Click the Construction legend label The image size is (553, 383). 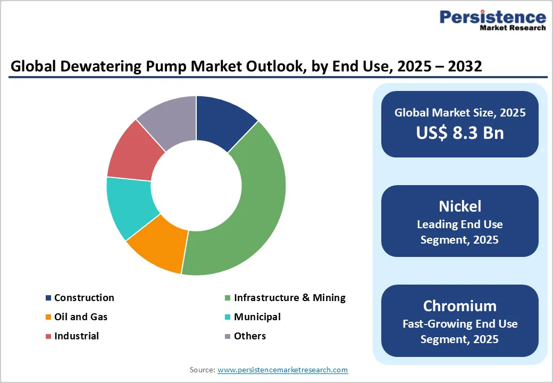pyautogui.click(x=84, y=298)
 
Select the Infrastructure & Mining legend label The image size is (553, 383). pyautogui.click(x=289, y=298)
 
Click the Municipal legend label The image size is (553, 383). pyautogui.click(x=257, y=317)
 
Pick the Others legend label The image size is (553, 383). pyautogui.click(x=249, y=336)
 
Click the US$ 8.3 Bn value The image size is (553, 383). pyautogui.click(x=459, y=132)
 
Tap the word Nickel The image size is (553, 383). pyautogui.click(x=459, y=206)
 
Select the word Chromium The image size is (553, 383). pyautogui.click(x=459, y=306)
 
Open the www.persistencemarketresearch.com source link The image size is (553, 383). pyautogui.click(x=282, y=370)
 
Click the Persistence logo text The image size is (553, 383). pyautogui.click(x=492, y=17)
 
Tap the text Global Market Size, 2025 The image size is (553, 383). pyautogui.click(x=459, y=112)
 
